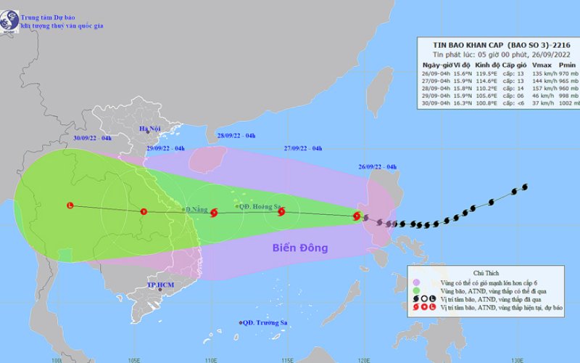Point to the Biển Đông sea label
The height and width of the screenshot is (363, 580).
coord(300,248)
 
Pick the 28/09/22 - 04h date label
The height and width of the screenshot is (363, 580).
coord(236,136)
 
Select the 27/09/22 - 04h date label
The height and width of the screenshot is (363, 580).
coord(303,148)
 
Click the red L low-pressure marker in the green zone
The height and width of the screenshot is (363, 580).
coord(70,205)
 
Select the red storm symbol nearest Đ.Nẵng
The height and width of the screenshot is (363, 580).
coord(214,213)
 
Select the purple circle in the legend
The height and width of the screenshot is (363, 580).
coord(417,282)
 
